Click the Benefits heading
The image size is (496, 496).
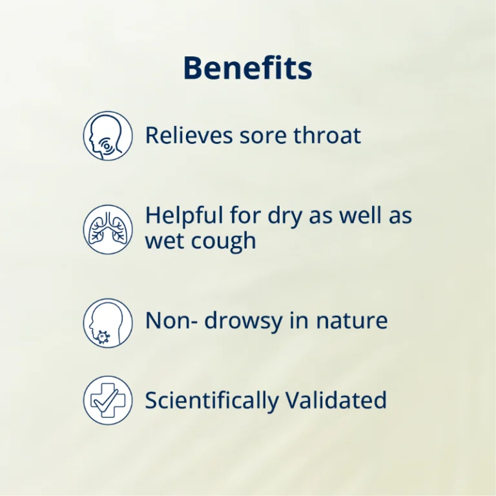(247, 68)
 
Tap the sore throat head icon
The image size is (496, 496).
(108, 136)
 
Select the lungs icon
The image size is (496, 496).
(108, 229)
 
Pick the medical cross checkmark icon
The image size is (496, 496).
(108, 400)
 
